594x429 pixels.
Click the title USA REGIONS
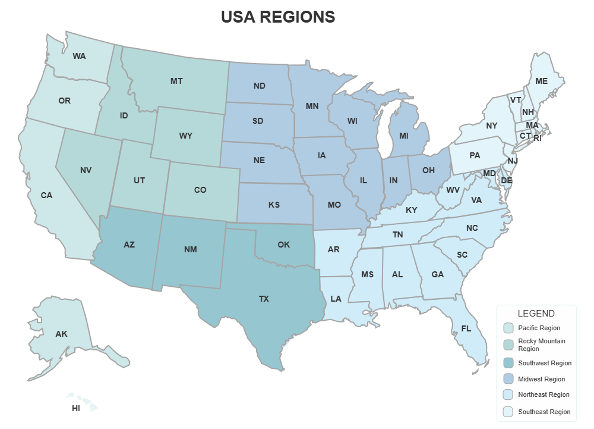(x=278, y=17)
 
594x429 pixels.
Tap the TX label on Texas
(x=264, y=299)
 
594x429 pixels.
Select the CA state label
(x=46, y=195)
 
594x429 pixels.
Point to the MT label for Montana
(x=176, y=81)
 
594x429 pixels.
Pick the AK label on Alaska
(x=61, y=334)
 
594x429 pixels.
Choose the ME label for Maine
(x=541, y=80)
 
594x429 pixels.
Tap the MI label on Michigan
(x=404, y=136)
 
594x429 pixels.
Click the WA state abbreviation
(x=79, y=56)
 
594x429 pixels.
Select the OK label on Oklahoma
(x=283, y=245)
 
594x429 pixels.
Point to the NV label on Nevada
(x=86, y=170)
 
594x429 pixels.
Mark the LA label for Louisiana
(x=336, y=299)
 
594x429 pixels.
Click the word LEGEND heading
(x=536, y=314)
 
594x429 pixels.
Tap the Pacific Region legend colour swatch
(x=508, y=328)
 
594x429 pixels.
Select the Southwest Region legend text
(x=545, y=363)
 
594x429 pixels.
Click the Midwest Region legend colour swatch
(x=508, y=379)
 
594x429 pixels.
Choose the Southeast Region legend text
(x=544, y=411)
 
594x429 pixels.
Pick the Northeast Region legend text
(x=544, y=394)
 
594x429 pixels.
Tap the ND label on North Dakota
(x=259, y=86)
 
